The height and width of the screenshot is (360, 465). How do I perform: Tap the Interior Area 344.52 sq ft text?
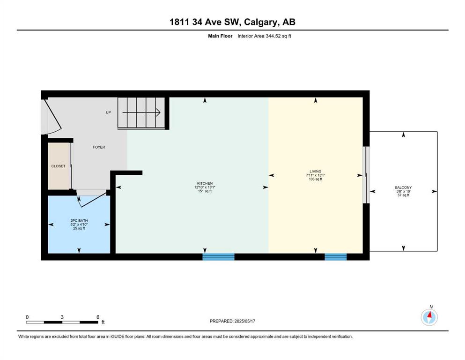point(264,36)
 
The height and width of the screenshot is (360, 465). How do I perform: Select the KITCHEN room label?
point(205,183)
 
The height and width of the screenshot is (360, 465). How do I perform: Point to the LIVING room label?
point(315,171)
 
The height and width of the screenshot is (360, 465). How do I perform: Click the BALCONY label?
point(403,187)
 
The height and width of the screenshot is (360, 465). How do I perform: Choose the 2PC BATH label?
point(79,221)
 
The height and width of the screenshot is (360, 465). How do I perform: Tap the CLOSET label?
point(58,166)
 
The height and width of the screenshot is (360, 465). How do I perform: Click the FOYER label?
point(99,147)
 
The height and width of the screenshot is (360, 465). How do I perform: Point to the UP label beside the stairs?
point(108,112)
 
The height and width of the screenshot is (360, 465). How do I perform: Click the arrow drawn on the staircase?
point(141,112)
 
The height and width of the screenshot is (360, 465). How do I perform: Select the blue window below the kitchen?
point(219,257)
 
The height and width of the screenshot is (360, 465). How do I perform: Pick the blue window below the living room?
point(336,257)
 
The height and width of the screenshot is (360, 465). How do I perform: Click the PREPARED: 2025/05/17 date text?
point(232,321)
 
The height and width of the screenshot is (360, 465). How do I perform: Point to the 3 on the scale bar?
point(62,317)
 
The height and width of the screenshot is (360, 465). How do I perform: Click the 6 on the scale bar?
point(98,317)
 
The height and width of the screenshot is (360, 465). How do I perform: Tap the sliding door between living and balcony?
point(366,175)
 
